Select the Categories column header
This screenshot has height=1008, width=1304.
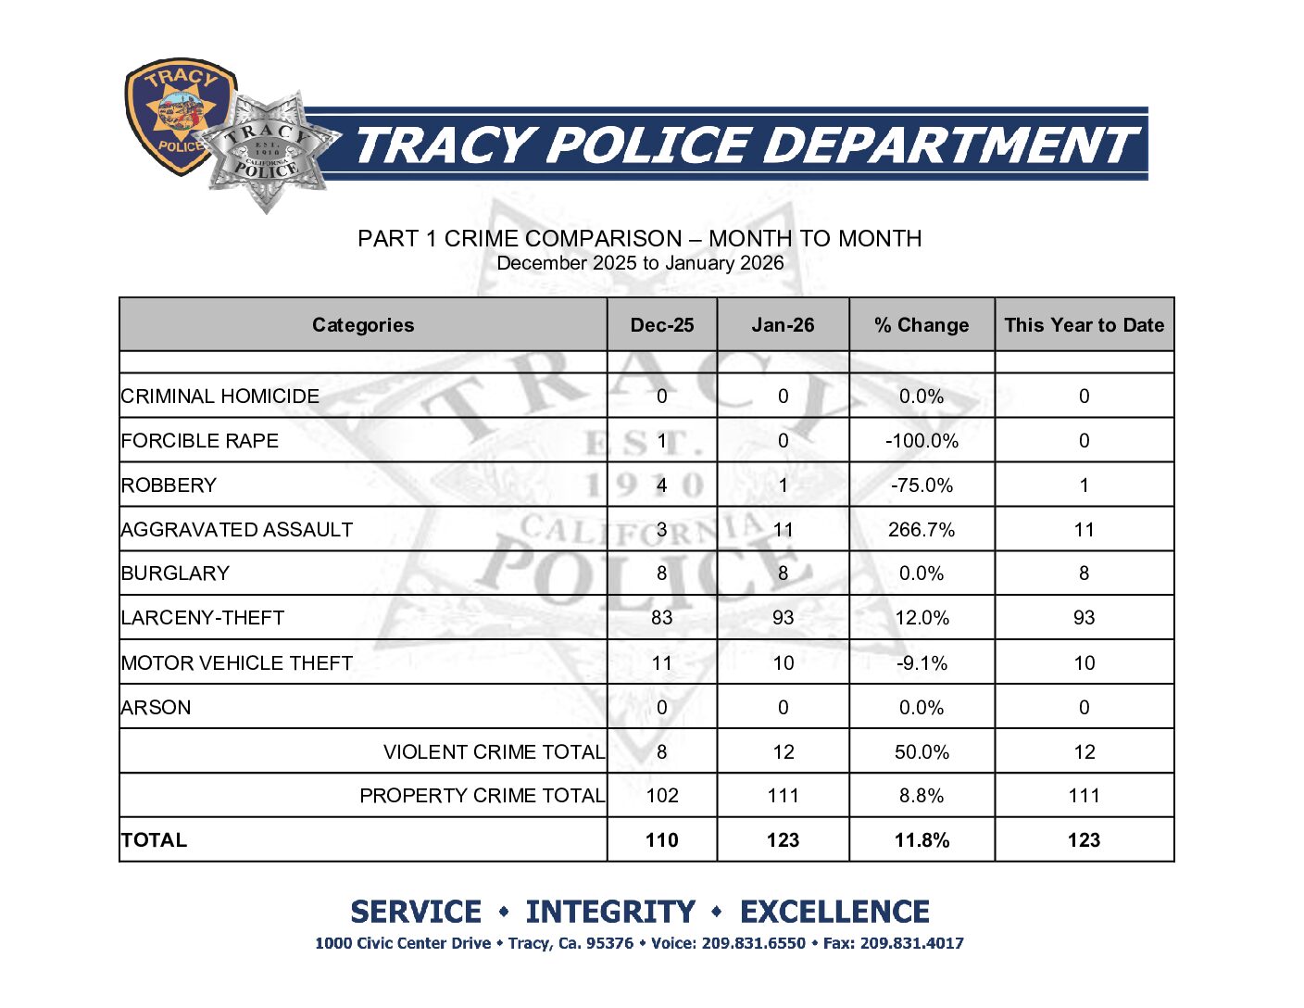tap(363, 325)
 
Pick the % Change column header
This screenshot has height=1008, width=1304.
tap(922, 325)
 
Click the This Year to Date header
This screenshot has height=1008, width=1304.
tap(1084, 325)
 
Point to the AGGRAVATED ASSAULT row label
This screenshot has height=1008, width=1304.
tap(237, 530)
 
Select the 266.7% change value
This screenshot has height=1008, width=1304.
tap(922, 530)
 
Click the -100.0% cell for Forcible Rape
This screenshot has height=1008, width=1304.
tap(922, 441)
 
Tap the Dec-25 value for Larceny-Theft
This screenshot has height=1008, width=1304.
tap(661, 618)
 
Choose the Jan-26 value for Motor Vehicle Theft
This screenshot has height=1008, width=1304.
tap(783, 663)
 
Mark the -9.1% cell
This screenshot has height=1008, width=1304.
tap(922, 663)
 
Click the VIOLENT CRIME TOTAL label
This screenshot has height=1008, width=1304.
tap(494, 752)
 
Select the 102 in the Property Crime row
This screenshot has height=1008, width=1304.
tap(661, 796)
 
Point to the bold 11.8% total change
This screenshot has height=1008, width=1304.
tap(922, 840)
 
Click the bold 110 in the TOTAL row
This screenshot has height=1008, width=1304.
tap(661, 840)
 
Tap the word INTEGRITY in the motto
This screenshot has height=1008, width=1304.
tap(610, 913)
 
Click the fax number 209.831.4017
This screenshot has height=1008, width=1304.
tap(911, 944)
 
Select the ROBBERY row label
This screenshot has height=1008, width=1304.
tap(169, 485)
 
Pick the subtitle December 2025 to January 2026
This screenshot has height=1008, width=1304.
tap(640, 263)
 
